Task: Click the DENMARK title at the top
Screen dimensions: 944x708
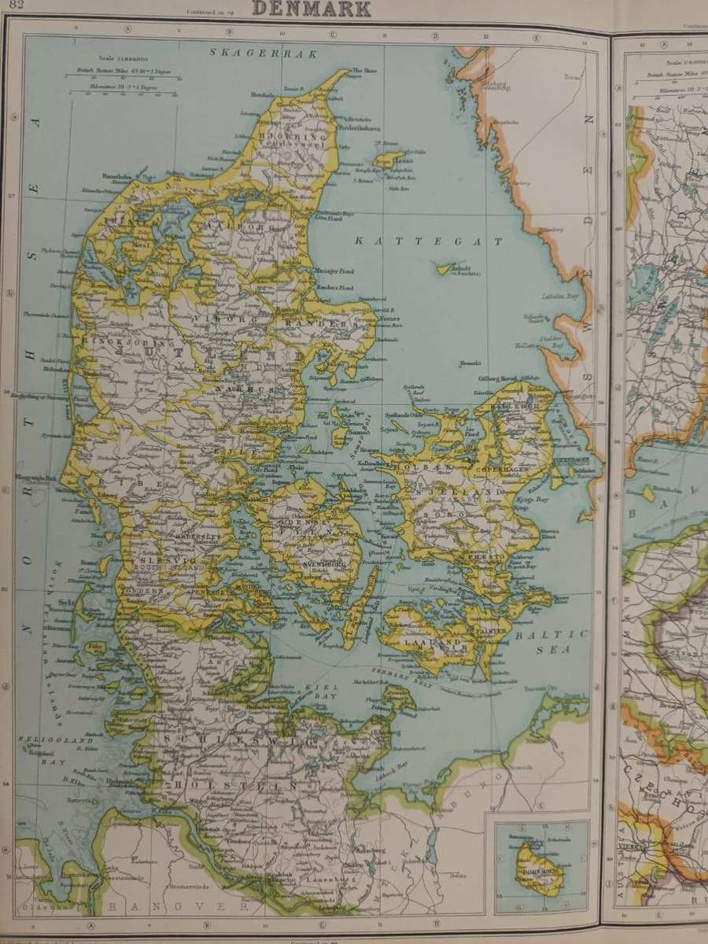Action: (312, 9)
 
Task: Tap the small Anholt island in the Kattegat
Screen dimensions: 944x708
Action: (448, 268)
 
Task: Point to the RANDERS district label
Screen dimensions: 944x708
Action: (319, 324)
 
